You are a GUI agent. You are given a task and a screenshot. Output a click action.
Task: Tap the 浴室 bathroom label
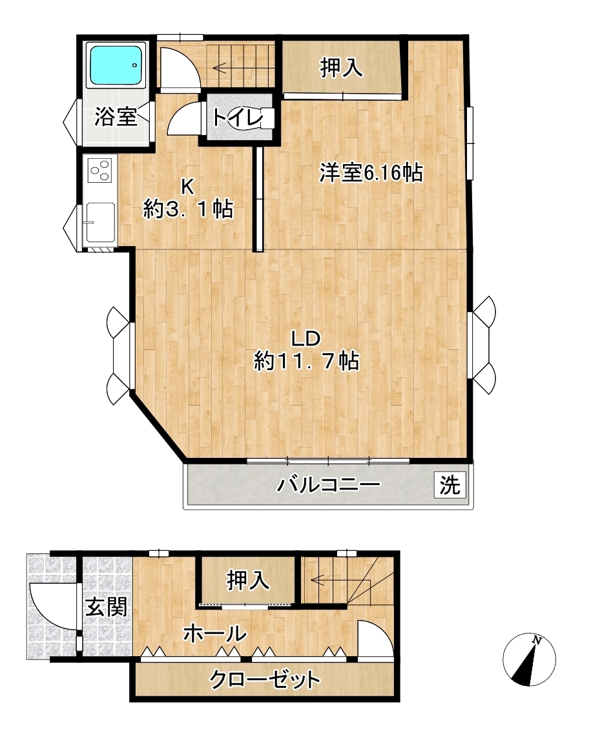pos(116,117)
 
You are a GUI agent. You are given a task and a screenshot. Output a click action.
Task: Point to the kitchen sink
pos(101,223)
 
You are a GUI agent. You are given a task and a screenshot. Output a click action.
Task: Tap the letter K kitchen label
pos(187,187)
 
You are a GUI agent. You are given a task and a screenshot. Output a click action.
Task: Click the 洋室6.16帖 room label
pos(371,173)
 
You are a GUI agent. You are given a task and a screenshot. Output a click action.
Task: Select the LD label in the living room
pos(306,338)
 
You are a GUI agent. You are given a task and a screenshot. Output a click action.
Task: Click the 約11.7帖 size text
pos(307,361)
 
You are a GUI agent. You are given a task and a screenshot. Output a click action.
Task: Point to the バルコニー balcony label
pos(329,485)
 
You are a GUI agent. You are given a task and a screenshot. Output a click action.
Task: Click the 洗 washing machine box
pos(450,485)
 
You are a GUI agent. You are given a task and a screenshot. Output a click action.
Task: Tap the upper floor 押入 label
pos(342,68)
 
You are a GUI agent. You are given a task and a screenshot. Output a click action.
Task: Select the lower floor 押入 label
pos(248,581)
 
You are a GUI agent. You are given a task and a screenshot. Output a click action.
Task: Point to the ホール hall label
pos(215,634)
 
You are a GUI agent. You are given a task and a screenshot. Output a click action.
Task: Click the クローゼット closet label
pos(265,679)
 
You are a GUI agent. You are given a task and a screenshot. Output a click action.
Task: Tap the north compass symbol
pos(529,660)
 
